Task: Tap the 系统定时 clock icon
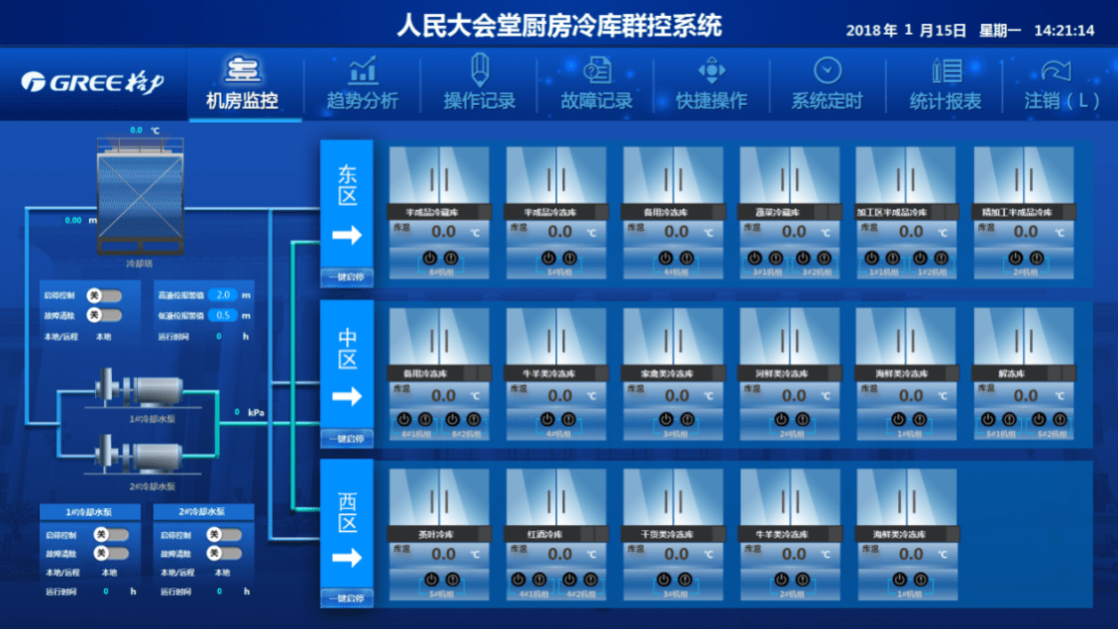pos(828,70)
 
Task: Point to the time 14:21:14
pos(1063,31)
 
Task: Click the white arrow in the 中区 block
pos(347,396)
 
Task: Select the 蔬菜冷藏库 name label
pos(779,212)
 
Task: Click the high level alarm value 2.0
pos(223,295)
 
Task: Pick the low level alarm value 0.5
pos(223,315)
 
